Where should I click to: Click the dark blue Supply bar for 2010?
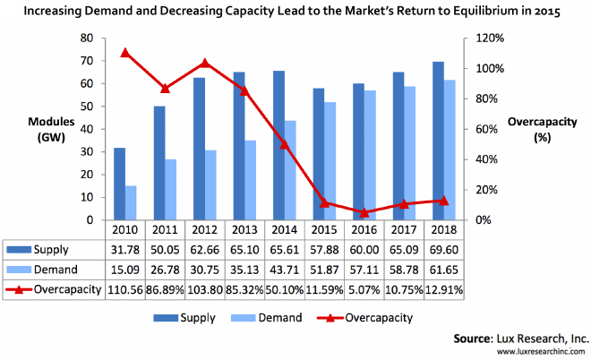pos(119,184)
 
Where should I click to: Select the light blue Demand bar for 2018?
pos(450,150)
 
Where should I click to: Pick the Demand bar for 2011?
pos(171,189)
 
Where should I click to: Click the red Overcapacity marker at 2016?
pos(363,212)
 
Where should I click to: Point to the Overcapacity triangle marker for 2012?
pos(205,64)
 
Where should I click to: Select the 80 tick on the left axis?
pos(86,39)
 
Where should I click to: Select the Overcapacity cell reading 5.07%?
pos(363,289)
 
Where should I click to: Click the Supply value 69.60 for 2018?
pos(441,248)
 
